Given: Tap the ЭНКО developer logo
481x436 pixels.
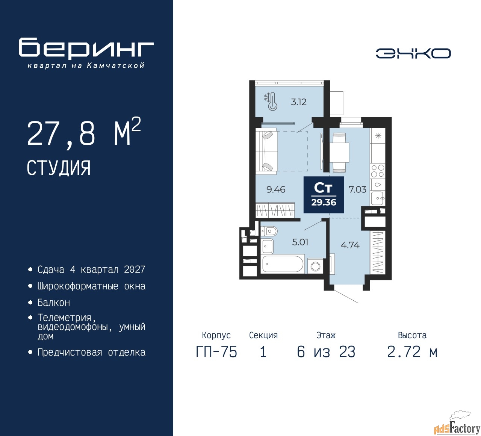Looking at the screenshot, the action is pyautogui.click(x=413, y=53).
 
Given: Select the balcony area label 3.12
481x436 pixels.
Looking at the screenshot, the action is pyautogui.click(x=298, y=102).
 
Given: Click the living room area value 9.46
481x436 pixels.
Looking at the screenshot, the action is pyautogui.click(x=276, y=189).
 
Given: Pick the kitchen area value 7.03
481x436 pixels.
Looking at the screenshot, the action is pyautogui.click(x=357, y=189).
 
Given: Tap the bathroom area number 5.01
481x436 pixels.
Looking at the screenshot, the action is pyautogui.click(x=300, y=242).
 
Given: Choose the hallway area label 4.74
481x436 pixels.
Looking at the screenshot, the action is pyautogui.click(x=350, y=245).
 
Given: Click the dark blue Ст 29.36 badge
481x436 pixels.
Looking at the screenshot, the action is pyautogui.click(x=324, y=195).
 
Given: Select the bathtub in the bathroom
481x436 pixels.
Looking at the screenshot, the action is pyautogui.click(x=283, y=264).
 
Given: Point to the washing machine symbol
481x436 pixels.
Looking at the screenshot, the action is pyautogui.click(x=315, y=266).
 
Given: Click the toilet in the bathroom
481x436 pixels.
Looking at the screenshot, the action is pyautogui.click(x=269, y=232).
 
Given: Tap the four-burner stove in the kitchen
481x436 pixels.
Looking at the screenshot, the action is pyautogui.click(x=377, y=171).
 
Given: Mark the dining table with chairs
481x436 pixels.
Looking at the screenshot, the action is pyautogui.click(x=339, y=153).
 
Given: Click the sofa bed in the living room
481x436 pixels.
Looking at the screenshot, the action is pyautogui.click(x=266, y=151).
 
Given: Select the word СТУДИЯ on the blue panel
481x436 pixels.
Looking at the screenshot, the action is pyautogui.click(x=59, y=168).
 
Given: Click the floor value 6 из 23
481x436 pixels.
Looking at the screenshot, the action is pyautogui.click(x=326, y=352).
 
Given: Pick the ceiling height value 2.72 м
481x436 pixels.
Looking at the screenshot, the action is pyautogui.click(x=412, y=352).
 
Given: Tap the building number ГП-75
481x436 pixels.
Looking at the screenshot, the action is pyautogui.click(x=216, y=352).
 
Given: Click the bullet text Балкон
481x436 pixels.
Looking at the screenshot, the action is pyautogui.click(x=54, y=303).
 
